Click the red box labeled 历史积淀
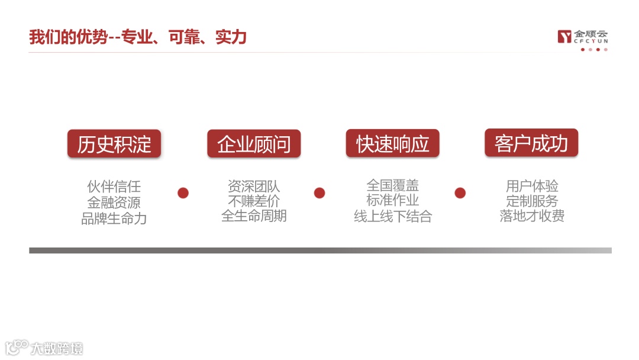click(x=114, y=144)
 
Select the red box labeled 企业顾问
click(x=254, y=144)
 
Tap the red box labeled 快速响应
click(x=393, y=143)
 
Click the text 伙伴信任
click(x=114, y=187)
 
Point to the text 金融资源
click(x=114, y=202)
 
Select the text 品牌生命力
click(x=114, y=218)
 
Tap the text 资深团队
click(x=254, y=187)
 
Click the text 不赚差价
click(x=254, y=201)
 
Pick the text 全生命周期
click(x=254, y=216)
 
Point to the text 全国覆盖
click(x=393, y=185)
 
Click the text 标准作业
click(x=393, y=201)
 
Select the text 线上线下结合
click(x=393, y=217)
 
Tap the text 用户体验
click(x=532, y=186)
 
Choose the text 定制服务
click(x=532, y=201)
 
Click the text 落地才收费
click(x=532, y=216)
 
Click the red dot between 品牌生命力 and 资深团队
click(x=183, y=193)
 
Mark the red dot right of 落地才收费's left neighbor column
click(x=460, y=193)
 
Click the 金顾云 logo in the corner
click(x=582, y=37)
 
